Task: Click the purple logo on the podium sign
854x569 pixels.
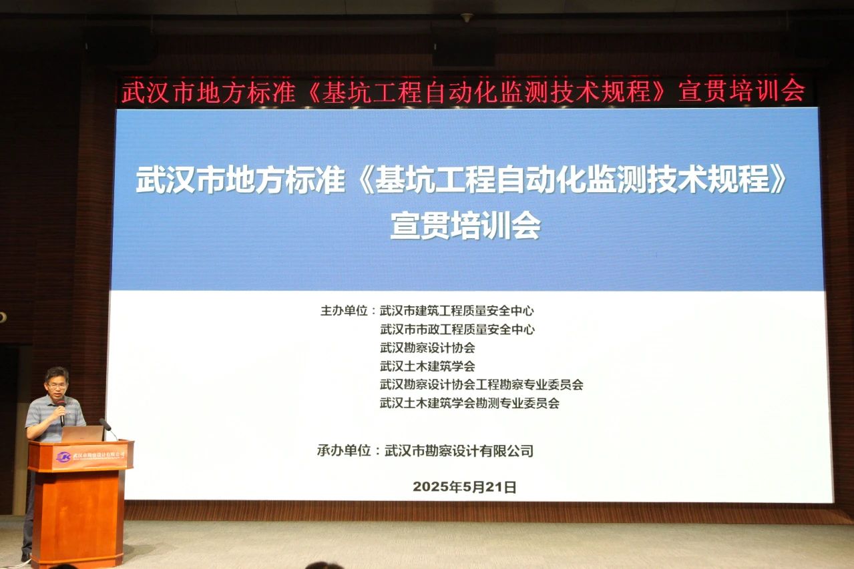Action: [63, 457]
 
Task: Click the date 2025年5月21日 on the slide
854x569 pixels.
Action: [465, 487]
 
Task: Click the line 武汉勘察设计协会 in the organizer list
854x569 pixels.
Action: [427, 348]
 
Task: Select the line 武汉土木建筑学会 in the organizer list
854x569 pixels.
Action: [427, 366]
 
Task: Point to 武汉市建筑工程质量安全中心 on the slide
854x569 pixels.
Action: [457, 310]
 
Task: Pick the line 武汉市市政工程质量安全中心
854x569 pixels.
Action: [457, 329]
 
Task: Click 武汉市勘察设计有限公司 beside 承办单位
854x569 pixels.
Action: [459, 451]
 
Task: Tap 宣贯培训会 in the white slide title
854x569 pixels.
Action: [465, 227]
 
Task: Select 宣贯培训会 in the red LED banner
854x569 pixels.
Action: [741, 91]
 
